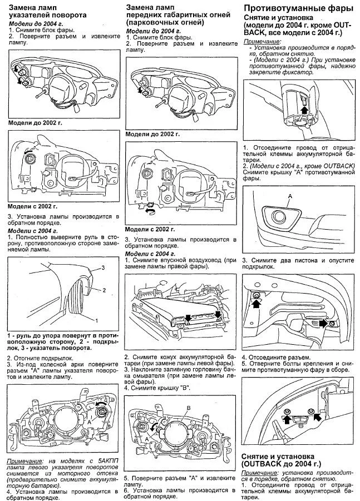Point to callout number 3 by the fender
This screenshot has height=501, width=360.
[x=103, y=268]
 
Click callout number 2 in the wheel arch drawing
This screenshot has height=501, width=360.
[x=103, y=290]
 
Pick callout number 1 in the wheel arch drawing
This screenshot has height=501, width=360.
[x=97, y=321]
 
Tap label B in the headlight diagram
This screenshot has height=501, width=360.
[x=189, y=408]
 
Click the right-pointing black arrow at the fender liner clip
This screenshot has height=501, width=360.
[x=322, y=323]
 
